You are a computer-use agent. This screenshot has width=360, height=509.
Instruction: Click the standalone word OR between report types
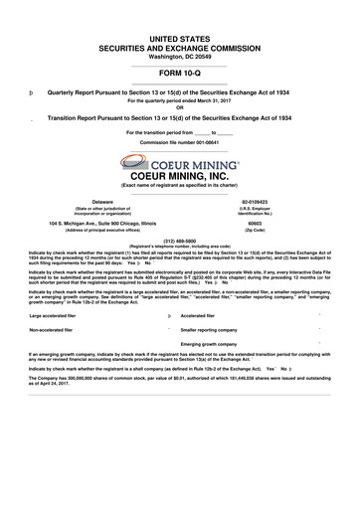point(179,106)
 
